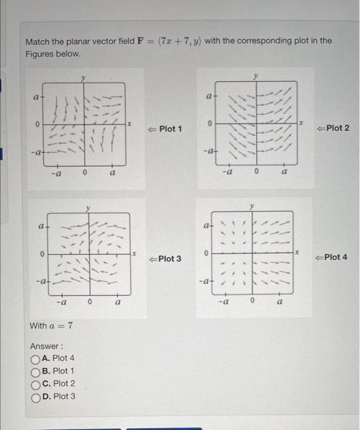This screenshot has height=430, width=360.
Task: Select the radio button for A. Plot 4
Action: click(x=35, y=358)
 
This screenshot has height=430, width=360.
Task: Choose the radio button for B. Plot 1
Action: click(x=35, y=371)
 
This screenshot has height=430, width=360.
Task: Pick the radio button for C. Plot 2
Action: click(x=35, y=384)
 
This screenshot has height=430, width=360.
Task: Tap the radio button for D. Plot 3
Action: click(x=35, y=397)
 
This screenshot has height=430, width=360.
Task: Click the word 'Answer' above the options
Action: click(x=45, y=346)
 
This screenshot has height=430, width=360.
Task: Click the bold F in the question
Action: click(x=141, y=41)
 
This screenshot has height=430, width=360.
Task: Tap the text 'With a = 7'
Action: click(x=51, y=325)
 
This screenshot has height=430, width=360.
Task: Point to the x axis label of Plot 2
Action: click(x=302, y=124)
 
